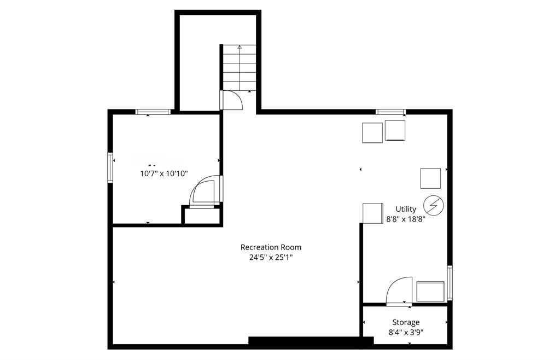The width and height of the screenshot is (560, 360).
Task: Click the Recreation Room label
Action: click(271, 247)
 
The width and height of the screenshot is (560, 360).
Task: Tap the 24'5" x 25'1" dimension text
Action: click(271, 257)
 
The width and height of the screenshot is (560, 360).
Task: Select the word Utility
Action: click(406, 210)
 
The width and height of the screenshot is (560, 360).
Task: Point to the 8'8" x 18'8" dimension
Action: click(406, 219)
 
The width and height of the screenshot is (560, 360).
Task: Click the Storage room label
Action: click(406, 323)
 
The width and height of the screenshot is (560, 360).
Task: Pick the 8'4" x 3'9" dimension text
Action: click(406, 333)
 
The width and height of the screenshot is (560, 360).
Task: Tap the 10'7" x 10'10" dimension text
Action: click(164, 173)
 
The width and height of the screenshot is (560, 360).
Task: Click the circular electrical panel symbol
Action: click(434, 206)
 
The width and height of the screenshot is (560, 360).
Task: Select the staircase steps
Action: click(240, 67)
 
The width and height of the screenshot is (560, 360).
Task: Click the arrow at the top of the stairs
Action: click(240, 47)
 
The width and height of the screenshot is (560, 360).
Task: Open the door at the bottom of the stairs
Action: click(232, 100)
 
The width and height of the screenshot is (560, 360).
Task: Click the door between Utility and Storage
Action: click(399, 291)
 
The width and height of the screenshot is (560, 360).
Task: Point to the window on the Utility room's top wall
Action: click(390, 112)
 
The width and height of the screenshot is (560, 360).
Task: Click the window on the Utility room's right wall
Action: click(450, 283)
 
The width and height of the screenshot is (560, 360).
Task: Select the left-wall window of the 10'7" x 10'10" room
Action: click(110, 168)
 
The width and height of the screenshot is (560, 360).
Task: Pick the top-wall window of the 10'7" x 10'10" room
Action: click(153, 112)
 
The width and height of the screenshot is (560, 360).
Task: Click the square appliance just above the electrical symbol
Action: click(430, 178)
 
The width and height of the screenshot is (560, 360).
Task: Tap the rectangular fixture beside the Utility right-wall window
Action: click(431, 292)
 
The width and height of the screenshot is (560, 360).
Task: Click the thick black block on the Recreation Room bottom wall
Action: click(311, 340)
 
